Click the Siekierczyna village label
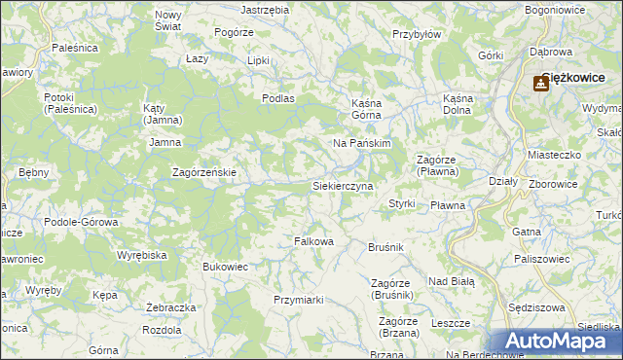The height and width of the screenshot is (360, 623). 342,185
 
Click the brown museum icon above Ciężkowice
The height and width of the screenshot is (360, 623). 539,84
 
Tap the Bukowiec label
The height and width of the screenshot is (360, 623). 225,266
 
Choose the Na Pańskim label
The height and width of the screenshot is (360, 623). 361,143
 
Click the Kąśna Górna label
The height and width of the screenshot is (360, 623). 370,107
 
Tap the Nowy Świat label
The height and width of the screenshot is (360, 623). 168,20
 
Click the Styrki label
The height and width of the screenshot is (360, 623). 402,203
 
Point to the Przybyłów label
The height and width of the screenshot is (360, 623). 417,33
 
